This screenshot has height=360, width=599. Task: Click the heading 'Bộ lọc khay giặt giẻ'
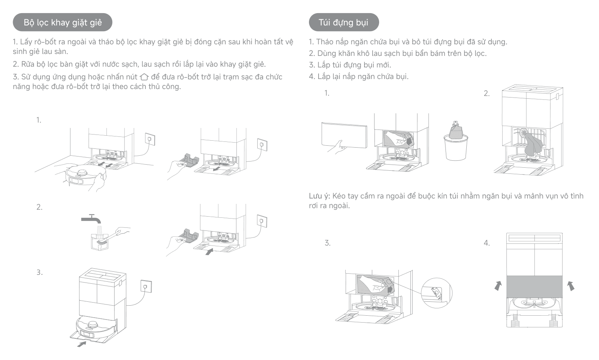62,22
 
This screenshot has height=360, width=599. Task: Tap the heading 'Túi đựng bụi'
344,22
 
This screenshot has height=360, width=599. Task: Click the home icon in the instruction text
144,77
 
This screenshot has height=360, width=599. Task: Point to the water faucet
91,219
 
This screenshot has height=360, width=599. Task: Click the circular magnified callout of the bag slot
436,293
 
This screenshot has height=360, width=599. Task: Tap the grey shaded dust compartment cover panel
534,287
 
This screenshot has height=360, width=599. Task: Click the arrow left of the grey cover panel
498,286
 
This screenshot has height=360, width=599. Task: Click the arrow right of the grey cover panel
571,286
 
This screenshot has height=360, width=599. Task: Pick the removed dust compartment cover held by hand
344,135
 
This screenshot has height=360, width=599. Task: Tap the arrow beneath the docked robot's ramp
81,344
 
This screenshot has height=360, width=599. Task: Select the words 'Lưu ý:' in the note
319,196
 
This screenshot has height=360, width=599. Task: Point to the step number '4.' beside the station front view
487,243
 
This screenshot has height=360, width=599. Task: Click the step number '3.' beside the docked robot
40,273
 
